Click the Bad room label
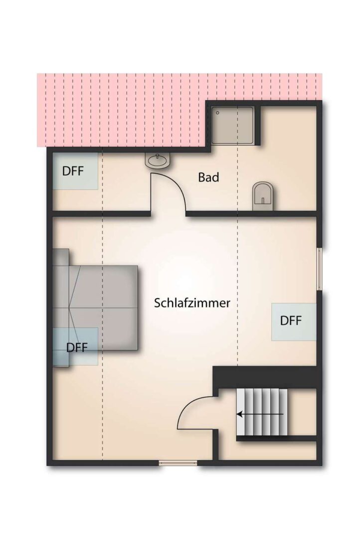point(208,177)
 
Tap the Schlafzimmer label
point(192,303)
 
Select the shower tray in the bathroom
point(233,125)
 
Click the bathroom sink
point(159,160)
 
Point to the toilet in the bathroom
point(263,194)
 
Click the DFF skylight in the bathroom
point(75,171)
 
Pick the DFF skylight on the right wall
point(293,321)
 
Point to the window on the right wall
point(320,269)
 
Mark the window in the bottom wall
point(178,463)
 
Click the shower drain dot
point(218,113)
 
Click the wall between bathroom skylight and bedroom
point(100,214)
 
